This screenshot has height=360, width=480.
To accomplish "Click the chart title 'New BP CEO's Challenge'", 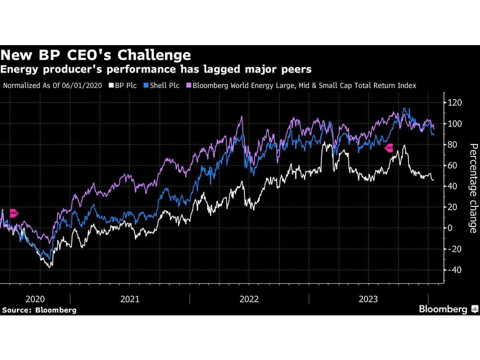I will coord(96,54).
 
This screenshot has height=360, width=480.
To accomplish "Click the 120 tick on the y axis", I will coord(455,103).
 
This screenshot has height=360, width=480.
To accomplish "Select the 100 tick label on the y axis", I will coord(455,124).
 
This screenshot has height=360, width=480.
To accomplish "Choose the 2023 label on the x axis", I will coord(368,299).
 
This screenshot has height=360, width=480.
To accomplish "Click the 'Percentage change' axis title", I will coord(472,188).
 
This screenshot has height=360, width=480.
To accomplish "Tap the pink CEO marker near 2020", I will coord(14,213).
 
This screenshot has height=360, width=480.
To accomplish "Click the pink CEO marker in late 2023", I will coord(389,148).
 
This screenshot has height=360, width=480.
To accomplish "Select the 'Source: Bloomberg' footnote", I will coord(39,310).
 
